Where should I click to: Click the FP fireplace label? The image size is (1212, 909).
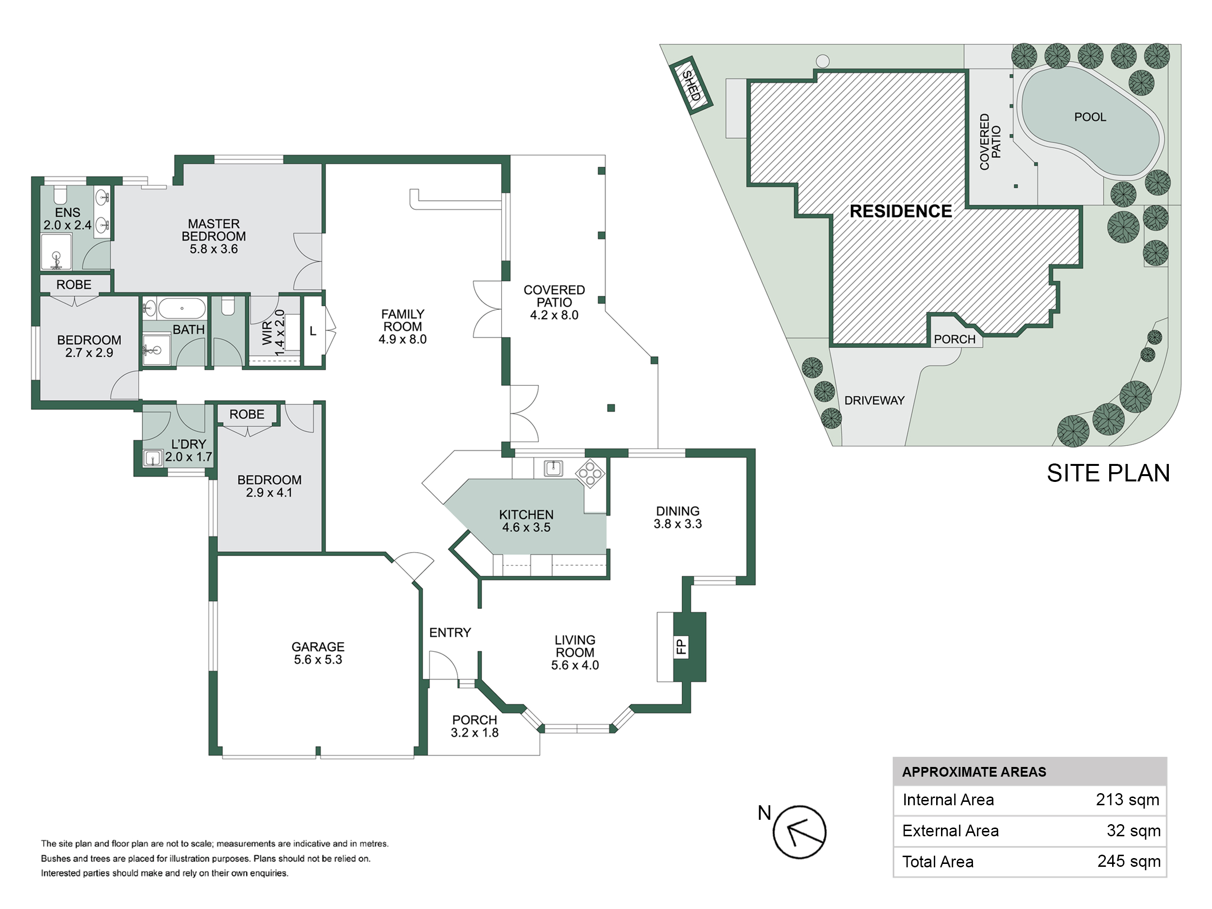[x=681, y=647]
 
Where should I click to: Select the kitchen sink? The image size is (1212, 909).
[x=554, y=468]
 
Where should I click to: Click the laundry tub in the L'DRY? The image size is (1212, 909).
[x=152, y=458]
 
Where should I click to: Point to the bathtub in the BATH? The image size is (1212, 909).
[x=182, y=308]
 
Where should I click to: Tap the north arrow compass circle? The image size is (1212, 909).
[x=799, y=832]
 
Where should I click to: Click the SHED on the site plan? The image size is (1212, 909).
[x=691, y=85]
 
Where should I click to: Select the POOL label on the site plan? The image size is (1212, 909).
[x=1090, y=117]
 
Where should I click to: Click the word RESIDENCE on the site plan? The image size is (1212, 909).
[x=901, y=211]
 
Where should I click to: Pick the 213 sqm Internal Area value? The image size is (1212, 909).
[x=1128, y=800]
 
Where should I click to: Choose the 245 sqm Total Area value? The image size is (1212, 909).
[x=1129, y=861]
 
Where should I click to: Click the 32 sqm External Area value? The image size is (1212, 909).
[x=1133, y=830]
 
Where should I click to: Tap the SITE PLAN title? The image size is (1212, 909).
[x=1108, y=473]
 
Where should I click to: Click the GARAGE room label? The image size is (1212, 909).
[x=318, y=647]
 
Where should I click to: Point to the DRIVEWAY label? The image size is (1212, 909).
[x=875, y=400]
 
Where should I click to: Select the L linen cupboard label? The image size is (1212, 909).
[x=313, y=331]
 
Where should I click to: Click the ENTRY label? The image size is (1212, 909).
[x=450, y=633]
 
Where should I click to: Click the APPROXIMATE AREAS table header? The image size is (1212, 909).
[x=974, y=772]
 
